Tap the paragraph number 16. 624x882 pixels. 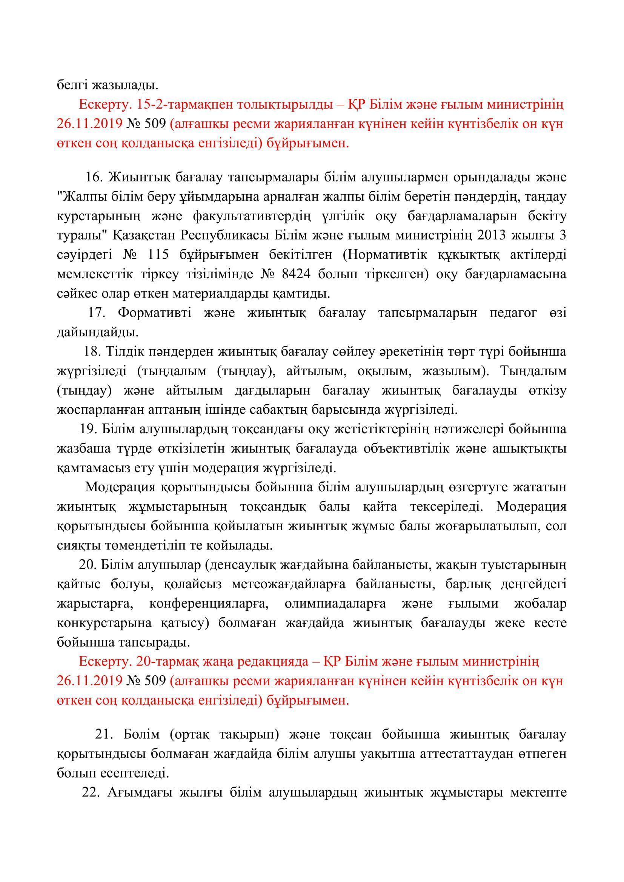(93, 178)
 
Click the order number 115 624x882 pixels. (168, 255)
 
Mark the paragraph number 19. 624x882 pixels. (88, 429)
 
